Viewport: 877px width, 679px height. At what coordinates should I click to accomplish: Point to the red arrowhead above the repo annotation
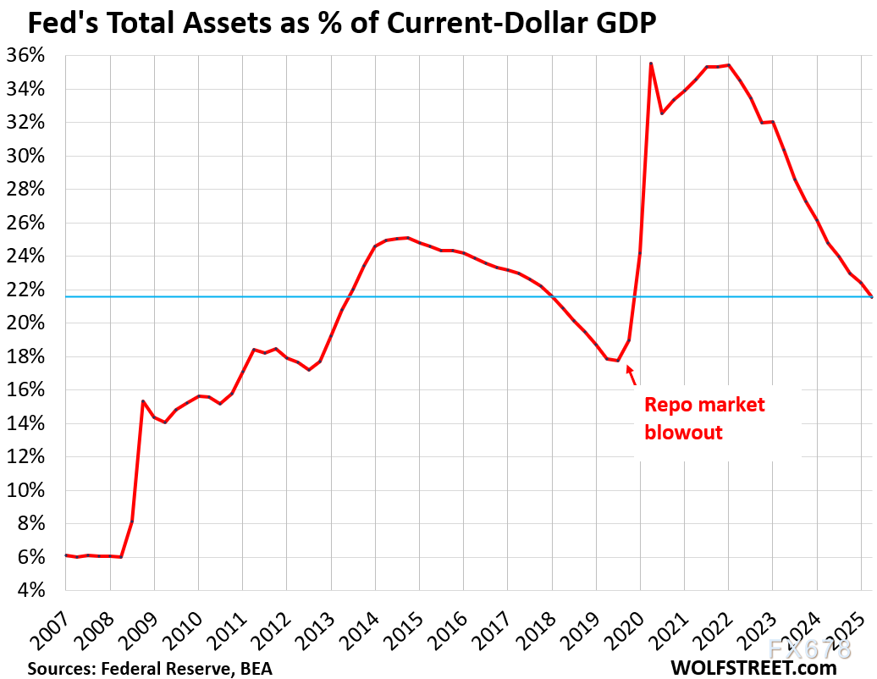click(x=628, y=370)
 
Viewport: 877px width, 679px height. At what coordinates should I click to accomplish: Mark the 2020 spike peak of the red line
click(x=650, y=63)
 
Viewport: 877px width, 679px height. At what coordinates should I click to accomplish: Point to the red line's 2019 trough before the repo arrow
click(x=618, y=361)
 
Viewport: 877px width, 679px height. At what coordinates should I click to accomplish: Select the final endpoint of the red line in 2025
click(x=871, y=296)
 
